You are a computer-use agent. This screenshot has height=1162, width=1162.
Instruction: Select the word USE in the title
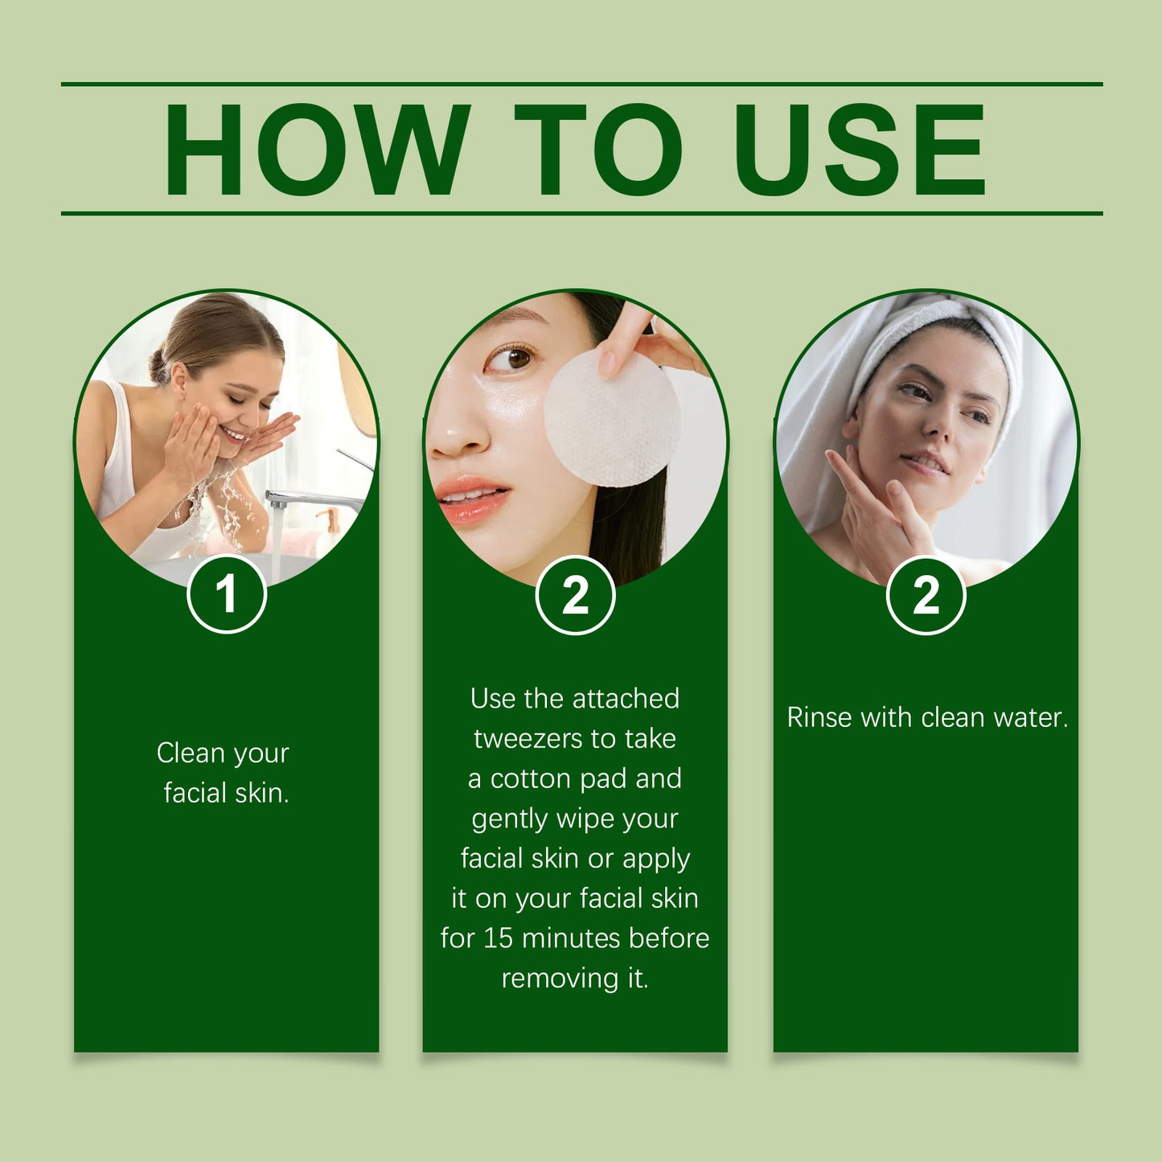point(860,150)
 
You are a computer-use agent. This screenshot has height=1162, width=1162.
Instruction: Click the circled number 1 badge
point(227,595)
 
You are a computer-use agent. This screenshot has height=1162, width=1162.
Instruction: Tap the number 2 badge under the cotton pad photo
point(575,597)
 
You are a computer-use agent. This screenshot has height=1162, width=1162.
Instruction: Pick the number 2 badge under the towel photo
point(926,597)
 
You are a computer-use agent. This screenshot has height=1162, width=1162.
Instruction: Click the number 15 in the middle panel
point(498,938)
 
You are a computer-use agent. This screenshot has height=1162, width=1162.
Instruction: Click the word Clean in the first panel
point(191,753)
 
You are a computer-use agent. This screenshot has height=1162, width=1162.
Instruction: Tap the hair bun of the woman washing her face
point(158,366)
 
